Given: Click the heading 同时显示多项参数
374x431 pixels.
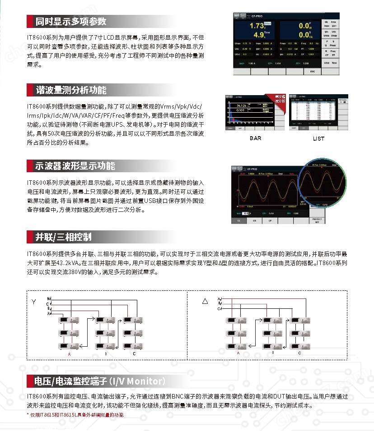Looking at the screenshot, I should tap(71, 21).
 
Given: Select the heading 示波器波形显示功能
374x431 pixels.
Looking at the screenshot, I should tap(75, 165).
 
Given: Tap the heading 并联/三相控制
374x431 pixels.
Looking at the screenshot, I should tap(63, 237).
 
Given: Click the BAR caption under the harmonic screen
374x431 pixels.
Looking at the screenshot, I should tap(255, 138).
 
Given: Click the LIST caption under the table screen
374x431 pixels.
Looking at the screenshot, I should tap(318, 138).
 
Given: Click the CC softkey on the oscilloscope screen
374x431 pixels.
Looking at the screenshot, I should tap(238, 221).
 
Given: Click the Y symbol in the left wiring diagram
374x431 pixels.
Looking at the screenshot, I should tap(34, 301).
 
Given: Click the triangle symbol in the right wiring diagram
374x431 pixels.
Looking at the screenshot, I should tap(205, 301).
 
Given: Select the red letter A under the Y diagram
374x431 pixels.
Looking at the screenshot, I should tap(69, 354).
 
